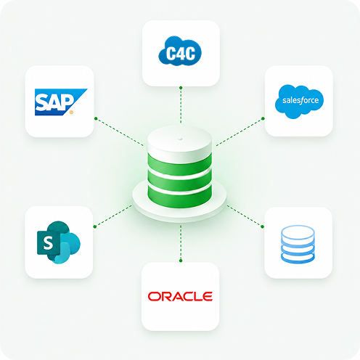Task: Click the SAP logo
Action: pos(61,102)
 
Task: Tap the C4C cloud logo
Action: pos(180,51)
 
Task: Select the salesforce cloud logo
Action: pos(299,102)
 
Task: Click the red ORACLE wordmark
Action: pos(180,296)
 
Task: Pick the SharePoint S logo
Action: pos(59,242)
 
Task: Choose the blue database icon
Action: pos(298,244)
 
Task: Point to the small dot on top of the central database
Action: pos(180,139)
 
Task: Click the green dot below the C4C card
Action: pos(181,88)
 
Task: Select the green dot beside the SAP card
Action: pos(96,118)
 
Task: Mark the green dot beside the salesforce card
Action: pos(263,118)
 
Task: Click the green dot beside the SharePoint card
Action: pos(95,226)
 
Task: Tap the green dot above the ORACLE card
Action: pos(181,261)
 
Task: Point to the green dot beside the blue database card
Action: pos(263,226)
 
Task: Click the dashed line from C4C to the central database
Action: pos(181,105)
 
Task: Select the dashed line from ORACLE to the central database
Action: pos(181,242)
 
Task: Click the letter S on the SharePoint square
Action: pos(48,242)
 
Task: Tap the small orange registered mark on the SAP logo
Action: pos(71,112)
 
